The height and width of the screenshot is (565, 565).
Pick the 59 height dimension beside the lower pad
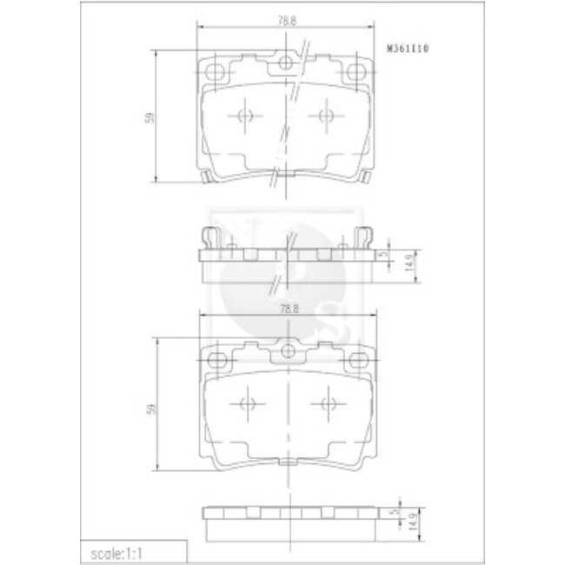[x=150, y=407]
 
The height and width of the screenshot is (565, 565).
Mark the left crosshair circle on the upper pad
[x=243, y=116]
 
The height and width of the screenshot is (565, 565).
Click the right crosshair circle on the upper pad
[x=326, y=116]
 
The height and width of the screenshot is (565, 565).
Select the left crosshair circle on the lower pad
[x=245, y=402]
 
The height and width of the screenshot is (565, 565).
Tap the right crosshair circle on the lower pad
[x=328, y=402]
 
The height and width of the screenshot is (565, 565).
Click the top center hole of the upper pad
[x=285, y=63]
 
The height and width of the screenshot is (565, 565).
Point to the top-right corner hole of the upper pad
[x=354, y=70]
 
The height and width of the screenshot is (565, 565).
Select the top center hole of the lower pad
[x=288, y=351]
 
